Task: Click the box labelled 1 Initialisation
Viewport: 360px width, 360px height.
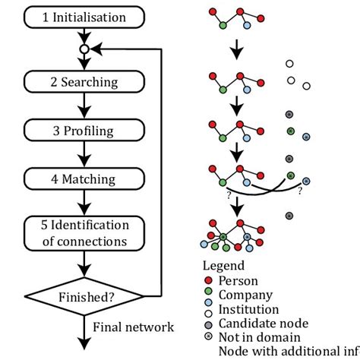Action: coord(84,17)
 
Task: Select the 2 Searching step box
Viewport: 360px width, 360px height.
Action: coord(84,81)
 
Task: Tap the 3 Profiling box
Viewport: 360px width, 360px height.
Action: coord(84,131)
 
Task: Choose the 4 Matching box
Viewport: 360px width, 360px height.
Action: coord(84,180)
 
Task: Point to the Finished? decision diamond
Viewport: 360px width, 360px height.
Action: coord(84,295)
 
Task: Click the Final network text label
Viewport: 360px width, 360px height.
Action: coord(134,327)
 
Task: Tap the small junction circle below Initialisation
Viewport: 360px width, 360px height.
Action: coord(84,49)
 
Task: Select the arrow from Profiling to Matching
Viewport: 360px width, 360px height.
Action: coord(84,155)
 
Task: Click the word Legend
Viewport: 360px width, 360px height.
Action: coord(223,266)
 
